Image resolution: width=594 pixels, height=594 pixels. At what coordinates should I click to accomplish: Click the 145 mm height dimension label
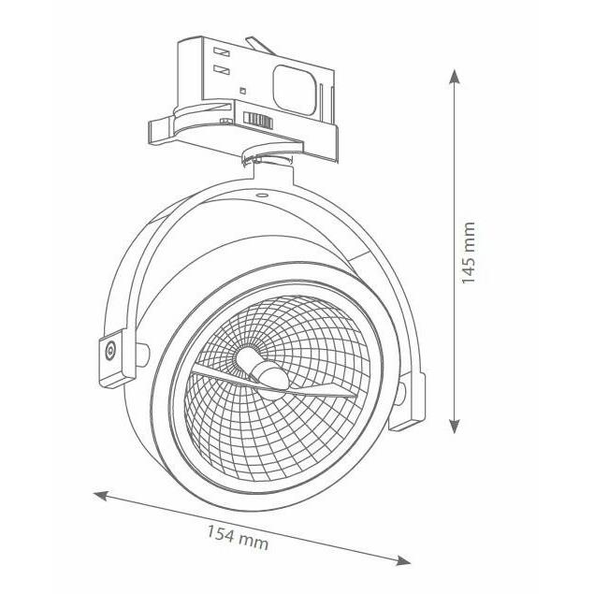469,253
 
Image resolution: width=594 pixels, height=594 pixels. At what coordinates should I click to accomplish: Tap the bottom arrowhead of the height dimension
455,426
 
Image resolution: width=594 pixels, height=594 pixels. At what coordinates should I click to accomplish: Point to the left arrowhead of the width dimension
101,495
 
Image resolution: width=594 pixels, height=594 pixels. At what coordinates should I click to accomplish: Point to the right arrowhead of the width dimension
402,560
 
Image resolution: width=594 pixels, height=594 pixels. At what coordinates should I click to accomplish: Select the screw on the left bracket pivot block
110,351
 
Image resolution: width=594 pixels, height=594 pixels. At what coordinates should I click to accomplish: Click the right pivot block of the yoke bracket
408,400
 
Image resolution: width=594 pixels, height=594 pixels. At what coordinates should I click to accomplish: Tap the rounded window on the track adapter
295,90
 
